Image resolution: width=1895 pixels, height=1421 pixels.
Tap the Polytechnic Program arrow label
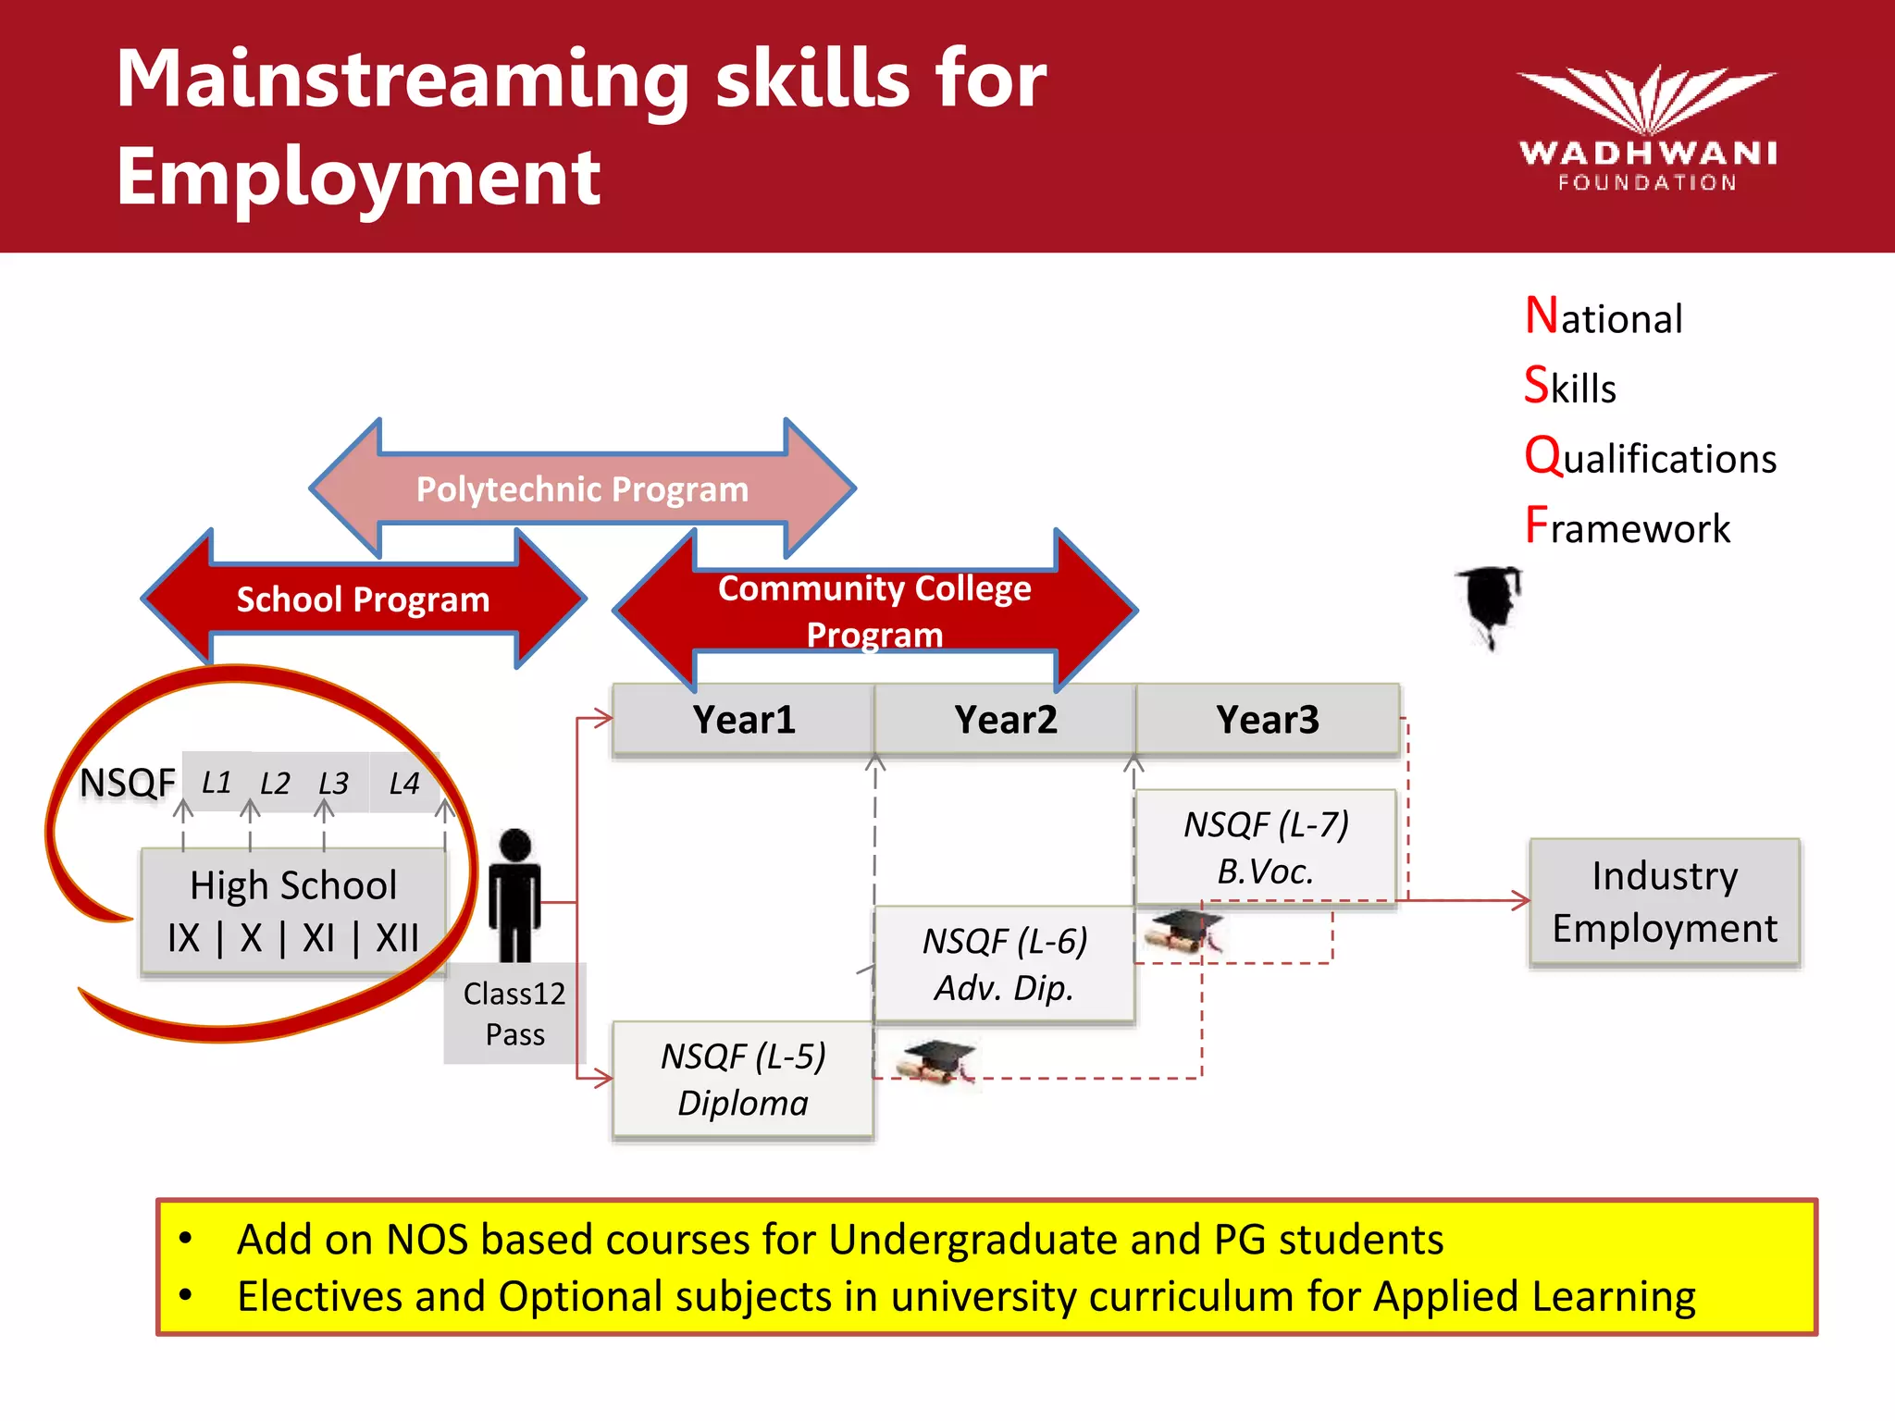(582, 488)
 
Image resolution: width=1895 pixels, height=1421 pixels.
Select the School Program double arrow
(363, 599)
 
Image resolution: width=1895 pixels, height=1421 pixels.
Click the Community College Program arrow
(874, 611)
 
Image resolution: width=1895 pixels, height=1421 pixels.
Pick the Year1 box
(743, 720)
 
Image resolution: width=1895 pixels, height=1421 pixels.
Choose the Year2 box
(1006, 720)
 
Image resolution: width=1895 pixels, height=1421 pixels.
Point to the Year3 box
(1268, 720)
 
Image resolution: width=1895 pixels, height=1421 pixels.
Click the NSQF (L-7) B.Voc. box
(1266, 846)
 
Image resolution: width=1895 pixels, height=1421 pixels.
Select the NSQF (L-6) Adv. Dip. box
(1004, 964)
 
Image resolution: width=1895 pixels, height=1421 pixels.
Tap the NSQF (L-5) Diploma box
(743, 1080)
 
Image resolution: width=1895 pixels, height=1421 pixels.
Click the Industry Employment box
(1664, 902)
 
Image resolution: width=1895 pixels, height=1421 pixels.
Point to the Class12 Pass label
(514, 1013)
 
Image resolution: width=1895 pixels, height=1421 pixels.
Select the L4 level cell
(404, 784)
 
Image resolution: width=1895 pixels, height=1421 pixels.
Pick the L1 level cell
(217, 783)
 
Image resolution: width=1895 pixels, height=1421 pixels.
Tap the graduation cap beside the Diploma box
(937, 1060)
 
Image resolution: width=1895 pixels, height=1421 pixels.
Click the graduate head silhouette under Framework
(1490, 606)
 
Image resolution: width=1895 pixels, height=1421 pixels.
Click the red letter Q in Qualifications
(1542, 456)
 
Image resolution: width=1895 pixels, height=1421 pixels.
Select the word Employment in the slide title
(358, 177)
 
